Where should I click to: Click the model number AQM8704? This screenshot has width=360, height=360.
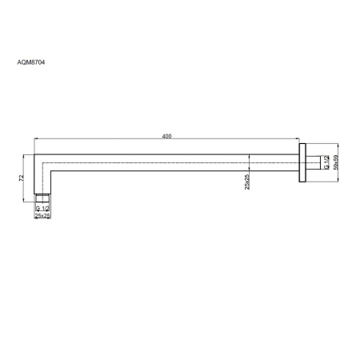pos(31,62)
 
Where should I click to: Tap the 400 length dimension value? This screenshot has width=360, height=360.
pos(166,136)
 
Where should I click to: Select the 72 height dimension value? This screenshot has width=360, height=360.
pos(22,178)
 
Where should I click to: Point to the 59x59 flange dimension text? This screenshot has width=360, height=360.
pos(335,162)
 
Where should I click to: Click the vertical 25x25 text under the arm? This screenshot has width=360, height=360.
pos(247,182)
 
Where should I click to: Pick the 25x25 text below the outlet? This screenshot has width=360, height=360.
pos(42,216)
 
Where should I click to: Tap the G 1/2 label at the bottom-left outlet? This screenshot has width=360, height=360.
pos(42,208)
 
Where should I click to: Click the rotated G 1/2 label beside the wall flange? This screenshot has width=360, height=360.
pos(326,162)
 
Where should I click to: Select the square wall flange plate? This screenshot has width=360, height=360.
pos(302,162)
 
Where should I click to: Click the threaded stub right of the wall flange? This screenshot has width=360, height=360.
pos(313,162)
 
